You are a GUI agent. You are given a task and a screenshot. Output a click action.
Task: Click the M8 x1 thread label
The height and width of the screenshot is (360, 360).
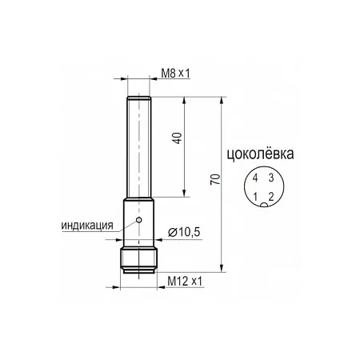pos(175,73)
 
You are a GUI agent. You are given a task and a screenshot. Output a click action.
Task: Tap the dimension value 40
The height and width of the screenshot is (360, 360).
pos(178,138)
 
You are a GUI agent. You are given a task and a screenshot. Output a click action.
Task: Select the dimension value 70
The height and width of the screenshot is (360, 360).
pos(215,179)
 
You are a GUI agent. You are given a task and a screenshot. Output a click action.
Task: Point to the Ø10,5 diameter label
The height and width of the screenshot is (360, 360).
pos(184,232)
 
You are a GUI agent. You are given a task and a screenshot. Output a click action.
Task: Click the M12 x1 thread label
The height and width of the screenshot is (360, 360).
pos(185,282)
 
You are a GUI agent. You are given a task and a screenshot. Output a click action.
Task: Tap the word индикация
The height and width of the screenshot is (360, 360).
pos(87,226)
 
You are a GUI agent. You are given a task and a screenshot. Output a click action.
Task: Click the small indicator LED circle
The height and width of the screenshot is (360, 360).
pos(138,220)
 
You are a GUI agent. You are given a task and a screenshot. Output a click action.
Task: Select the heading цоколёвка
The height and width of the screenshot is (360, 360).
pos(260,154)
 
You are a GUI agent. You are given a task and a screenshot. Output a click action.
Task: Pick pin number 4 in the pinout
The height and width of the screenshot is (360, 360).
pos(255,178)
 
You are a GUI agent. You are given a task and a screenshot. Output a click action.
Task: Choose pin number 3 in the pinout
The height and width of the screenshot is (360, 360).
pos(271,178)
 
